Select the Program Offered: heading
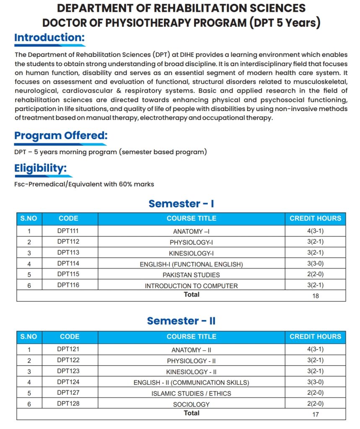coord(61,136)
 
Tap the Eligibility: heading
coord(41,168)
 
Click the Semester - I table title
coord(181,204)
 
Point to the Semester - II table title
coord(181,321)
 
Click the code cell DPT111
coord(68,231)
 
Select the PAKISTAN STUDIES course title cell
coord(191,275)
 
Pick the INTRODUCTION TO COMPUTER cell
coord(191,286)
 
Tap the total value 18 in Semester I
coord(315,296)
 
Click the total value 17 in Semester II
coord(315,414)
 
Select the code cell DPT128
coord(68,403)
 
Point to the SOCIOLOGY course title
coord(191,404)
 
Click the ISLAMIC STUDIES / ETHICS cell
coord(191,393)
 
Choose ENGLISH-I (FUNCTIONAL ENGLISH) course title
coord(191,264)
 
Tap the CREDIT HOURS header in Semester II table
coord(315,336)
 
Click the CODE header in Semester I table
coord(68,218)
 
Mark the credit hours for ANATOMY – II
coord(315,349)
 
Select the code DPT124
coord(68,382)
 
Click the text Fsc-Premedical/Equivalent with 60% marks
coord(84,184)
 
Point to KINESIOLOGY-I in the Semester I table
coord(191,253)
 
